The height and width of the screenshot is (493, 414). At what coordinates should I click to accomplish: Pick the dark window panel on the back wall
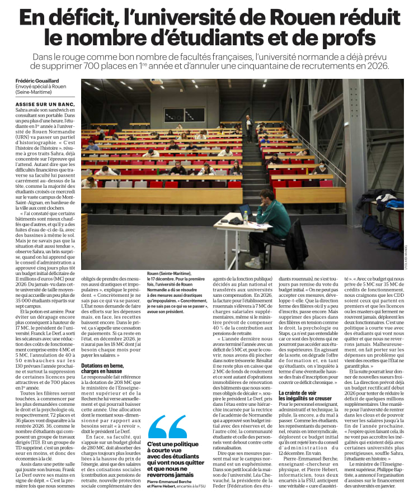[184, 115]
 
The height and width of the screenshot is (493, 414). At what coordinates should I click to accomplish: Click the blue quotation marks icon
[167, 426]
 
